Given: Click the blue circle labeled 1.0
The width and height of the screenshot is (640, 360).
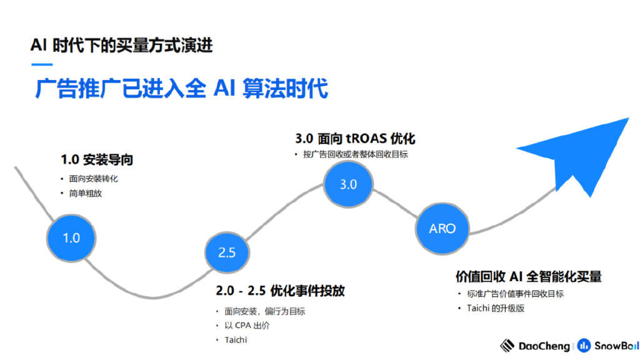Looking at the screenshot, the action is point(71,238).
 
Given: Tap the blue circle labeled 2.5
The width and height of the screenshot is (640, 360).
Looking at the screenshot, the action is point(227,252).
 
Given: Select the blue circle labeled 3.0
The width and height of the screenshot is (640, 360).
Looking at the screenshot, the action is point(348,184).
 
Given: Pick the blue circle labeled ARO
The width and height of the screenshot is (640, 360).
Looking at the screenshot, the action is point(442,229).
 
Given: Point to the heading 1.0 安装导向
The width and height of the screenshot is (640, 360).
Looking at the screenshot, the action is point(97,159).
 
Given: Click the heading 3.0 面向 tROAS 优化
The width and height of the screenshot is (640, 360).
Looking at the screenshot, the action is point(355,138).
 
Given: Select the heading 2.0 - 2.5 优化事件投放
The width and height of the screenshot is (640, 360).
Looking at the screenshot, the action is point(281,291).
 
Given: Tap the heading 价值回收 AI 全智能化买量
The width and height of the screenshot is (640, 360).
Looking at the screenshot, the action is point(529,276).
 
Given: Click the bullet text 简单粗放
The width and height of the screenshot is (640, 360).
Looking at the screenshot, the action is point(85,194).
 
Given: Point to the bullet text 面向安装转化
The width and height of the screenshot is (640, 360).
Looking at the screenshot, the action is point(94,179).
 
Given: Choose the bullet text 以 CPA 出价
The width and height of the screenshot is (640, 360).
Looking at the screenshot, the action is point(247,326).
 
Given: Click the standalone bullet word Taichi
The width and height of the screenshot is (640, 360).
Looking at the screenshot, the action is point(236,340).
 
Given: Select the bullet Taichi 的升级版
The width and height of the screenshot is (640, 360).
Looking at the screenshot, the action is point(496,308).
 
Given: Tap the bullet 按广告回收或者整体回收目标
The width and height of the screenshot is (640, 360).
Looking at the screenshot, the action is point(356,154).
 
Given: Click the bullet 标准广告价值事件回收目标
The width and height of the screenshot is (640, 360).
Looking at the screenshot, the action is point(516,294).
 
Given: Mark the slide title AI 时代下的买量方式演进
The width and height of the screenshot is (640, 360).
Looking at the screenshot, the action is point(122,45).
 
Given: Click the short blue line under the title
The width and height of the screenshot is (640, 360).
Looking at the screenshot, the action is point(42,64).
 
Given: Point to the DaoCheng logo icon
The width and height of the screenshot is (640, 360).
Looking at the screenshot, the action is point(507,346).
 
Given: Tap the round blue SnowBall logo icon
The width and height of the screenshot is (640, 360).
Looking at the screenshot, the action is point(584,346).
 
